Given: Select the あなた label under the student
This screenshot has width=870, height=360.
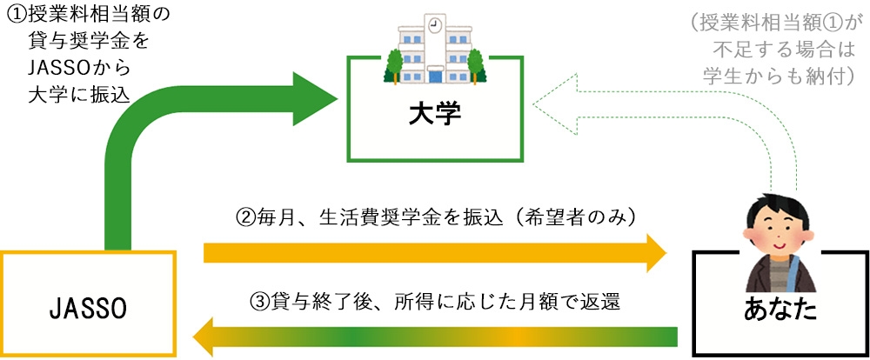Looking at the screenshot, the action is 780,310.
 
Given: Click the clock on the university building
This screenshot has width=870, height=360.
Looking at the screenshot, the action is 436,24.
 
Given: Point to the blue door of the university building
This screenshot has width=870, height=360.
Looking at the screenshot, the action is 436,76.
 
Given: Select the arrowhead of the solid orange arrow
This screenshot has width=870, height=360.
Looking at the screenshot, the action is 656,253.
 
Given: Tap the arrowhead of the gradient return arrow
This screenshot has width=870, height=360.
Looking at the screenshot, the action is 202,337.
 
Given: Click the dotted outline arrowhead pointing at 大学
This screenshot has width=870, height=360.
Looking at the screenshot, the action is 554,104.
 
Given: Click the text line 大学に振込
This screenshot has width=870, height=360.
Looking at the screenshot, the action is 79,96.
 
